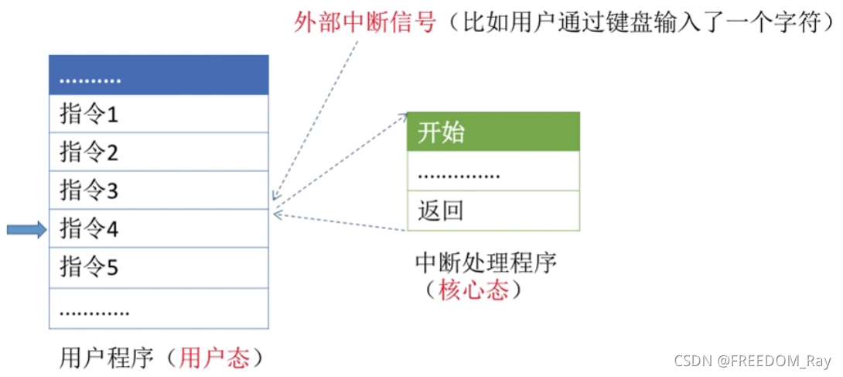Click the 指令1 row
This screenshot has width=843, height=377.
point(159,115)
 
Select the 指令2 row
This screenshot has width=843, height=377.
point(159,153)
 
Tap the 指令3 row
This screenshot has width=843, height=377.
point(159,190)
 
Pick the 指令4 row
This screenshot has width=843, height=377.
point(159,228)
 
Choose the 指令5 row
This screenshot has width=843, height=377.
point(159,268)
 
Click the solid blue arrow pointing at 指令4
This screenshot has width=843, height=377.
point(26,229)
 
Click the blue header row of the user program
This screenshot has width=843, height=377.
point(159,76)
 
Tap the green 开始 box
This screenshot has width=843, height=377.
point(493,132)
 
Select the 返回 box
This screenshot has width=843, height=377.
point(493,211)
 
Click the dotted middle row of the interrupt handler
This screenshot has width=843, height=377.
point(493,172)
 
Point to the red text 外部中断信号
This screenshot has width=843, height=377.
point(366,22)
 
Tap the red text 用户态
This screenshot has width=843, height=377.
point(214,358)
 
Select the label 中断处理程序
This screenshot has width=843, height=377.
point(486,263)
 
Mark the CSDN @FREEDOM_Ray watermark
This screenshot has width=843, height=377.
point(752,362)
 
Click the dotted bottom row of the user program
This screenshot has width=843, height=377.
point(159,308)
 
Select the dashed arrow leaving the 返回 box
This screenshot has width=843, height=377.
point(340,222)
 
